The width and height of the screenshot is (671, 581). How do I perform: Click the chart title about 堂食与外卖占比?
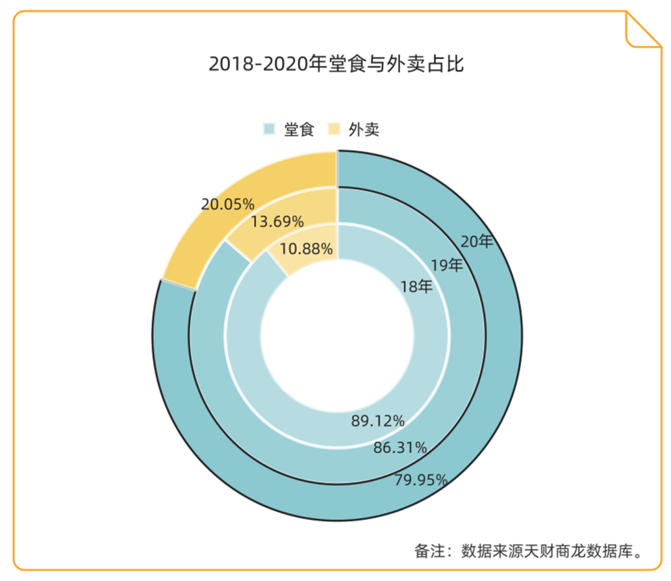[x=336, y=64]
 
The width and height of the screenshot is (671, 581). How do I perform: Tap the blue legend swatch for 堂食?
[x=269, y=129]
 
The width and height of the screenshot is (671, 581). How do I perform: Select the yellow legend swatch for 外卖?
[x=334, y=129]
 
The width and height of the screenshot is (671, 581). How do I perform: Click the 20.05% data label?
[x=228, y=204]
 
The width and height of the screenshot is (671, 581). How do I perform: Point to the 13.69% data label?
[x=277, y=221]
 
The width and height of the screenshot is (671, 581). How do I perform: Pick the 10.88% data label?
[x=306, y=249]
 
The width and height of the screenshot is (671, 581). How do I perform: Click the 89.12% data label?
[x=378, y=421]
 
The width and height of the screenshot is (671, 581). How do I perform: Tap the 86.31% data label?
[x=399, y=447]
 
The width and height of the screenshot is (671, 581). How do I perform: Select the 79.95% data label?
[x=421, y=480]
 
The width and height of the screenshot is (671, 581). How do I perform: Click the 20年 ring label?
[x=477, y=241]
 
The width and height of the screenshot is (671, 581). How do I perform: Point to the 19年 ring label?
[x=447, y=265]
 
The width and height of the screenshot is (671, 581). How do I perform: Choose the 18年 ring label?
[x=417, y=287]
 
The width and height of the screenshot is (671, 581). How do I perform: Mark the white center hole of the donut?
[x=337, y=336]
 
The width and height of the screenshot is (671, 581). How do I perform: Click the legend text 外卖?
[x=364, y=129]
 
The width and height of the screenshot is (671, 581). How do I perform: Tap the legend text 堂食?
[x=299, y=129]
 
